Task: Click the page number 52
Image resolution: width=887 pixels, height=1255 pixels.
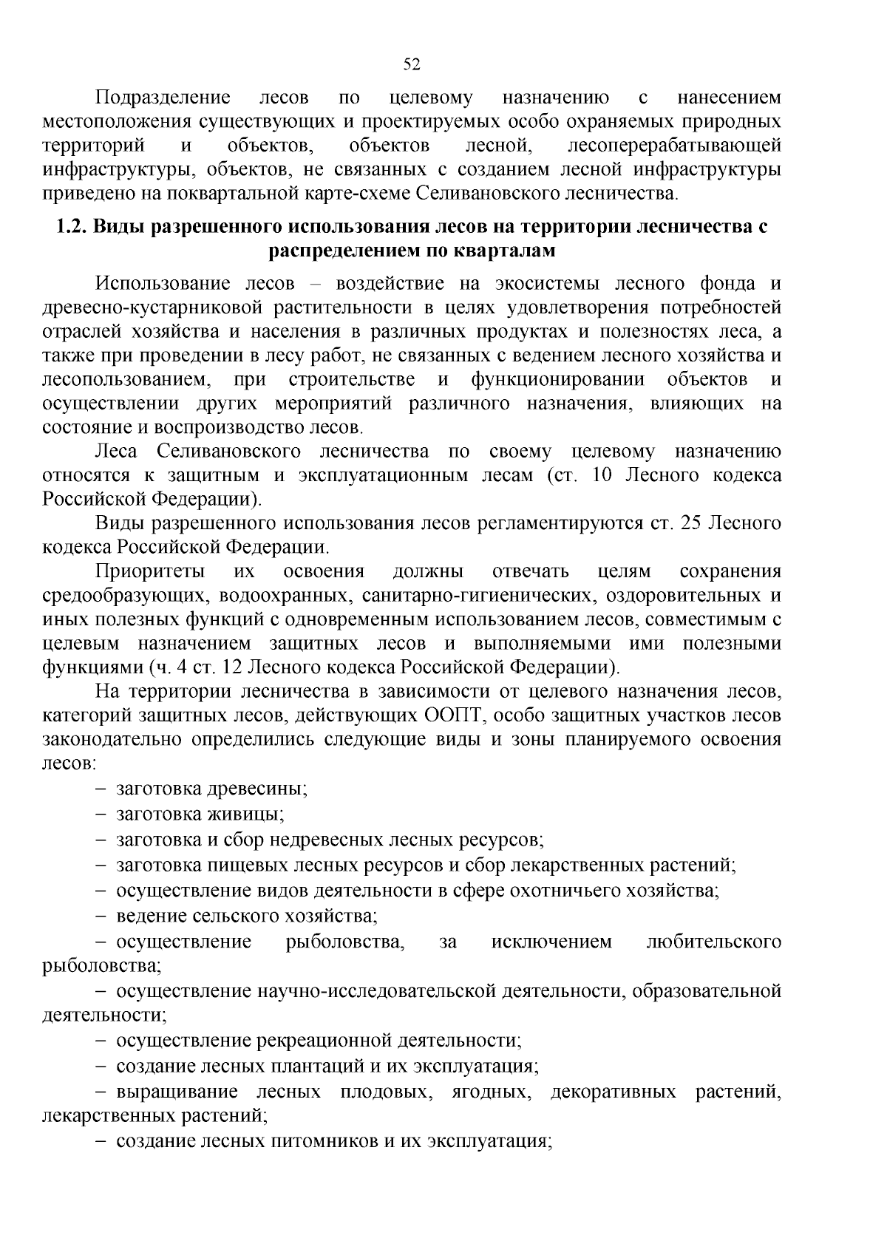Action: point(412,64)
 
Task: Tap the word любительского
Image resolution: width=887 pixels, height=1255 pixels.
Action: point(713,942)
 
